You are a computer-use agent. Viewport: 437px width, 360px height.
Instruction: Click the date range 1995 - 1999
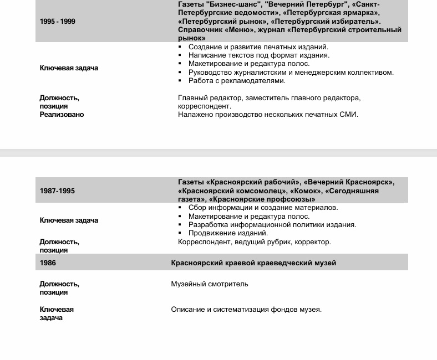58,22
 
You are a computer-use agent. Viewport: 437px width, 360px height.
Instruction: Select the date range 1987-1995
57,191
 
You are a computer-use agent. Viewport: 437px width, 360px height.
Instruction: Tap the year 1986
48,263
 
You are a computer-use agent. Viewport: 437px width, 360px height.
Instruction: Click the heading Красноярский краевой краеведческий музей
253,263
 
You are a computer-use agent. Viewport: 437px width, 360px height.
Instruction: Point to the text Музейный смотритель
210,284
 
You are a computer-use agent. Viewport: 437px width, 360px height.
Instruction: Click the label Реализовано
62,115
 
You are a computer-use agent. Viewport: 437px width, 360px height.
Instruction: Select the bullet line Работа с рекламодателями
237,81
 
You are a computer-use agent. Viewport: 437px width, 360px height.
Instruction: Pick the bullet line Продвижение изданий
228,233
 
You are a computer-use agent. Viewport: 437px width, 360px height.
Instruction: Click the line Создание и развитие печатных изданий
258,47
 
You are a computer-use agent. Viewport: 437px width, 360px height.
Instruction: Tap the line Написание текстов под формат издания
258,55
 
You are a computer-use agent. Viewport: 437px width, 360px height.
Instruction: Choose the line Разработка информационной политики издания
272,225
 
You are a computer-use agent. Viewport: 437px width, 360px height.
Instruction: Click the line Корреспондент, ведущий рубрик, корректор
254,242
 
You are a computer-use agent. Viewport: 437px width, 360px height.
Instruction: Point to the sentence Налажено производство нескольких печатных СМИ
268,115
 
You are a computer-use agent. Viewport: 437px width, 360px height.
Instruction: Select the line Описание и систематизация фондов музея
246,310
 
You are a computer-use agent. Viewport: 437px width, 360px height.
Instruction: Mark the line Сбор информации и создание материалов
263,208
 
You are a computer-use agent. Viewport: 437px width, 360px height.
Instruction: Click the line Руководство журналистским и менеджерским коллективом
291,73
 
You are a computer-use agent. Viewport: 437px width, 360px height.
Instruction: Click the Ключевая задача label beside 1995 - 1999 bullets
69,68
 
